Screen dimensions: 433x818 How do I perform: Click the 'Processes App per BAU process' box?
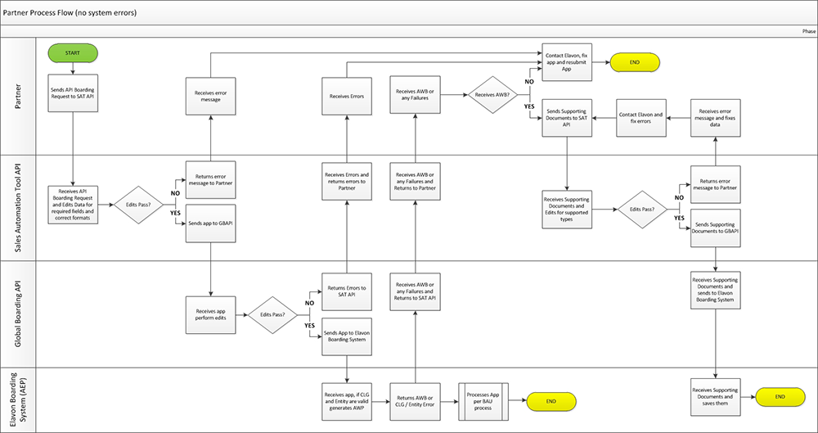pos(483,400)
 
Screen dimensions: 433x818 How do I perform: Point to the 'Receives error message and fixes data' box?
pos(716,118)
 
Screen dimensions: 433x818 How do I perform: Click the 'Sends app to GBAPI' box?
pos(211,223)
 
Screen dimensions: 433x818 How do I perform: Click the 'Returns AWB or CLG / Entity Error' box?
pos(415,400)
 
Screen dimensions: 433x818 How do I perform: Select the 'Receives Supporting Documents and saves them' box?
pos(716,396)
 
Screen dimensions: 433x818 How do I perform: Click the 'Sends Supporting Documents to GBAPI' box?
pos(716,228)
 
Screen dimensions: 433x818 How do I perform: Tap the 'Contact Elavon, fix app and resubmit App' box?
pos(567,62)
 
